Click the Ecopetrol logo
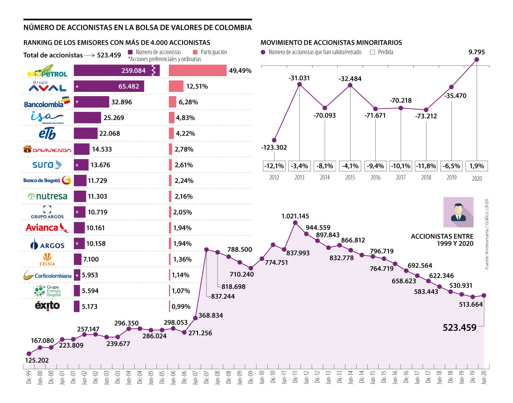pos(47,71)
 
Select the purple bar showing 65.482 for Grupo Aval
pos(109,86)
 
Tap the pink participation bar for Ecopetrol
pos(198,71)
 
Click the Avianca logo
pos(47,227)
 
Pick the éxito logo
pos(47,306)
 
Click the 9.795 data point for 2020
pos(477,60)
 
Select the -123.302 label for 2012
pos(274,148)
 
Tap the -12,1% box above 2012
pos(274,165)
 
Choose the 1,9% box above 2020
pos(477,165)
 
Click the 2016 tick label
pos(375,178)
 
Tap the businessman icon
pos(458,212)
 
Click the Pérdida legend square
pos(372,52)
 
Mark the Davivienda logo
pos(47,149)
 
